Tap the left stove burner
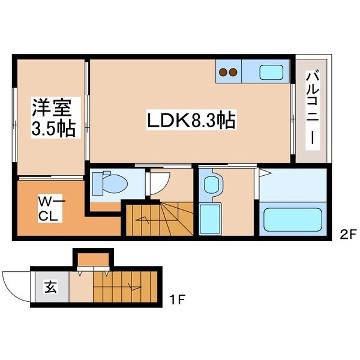pos(225,72)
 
